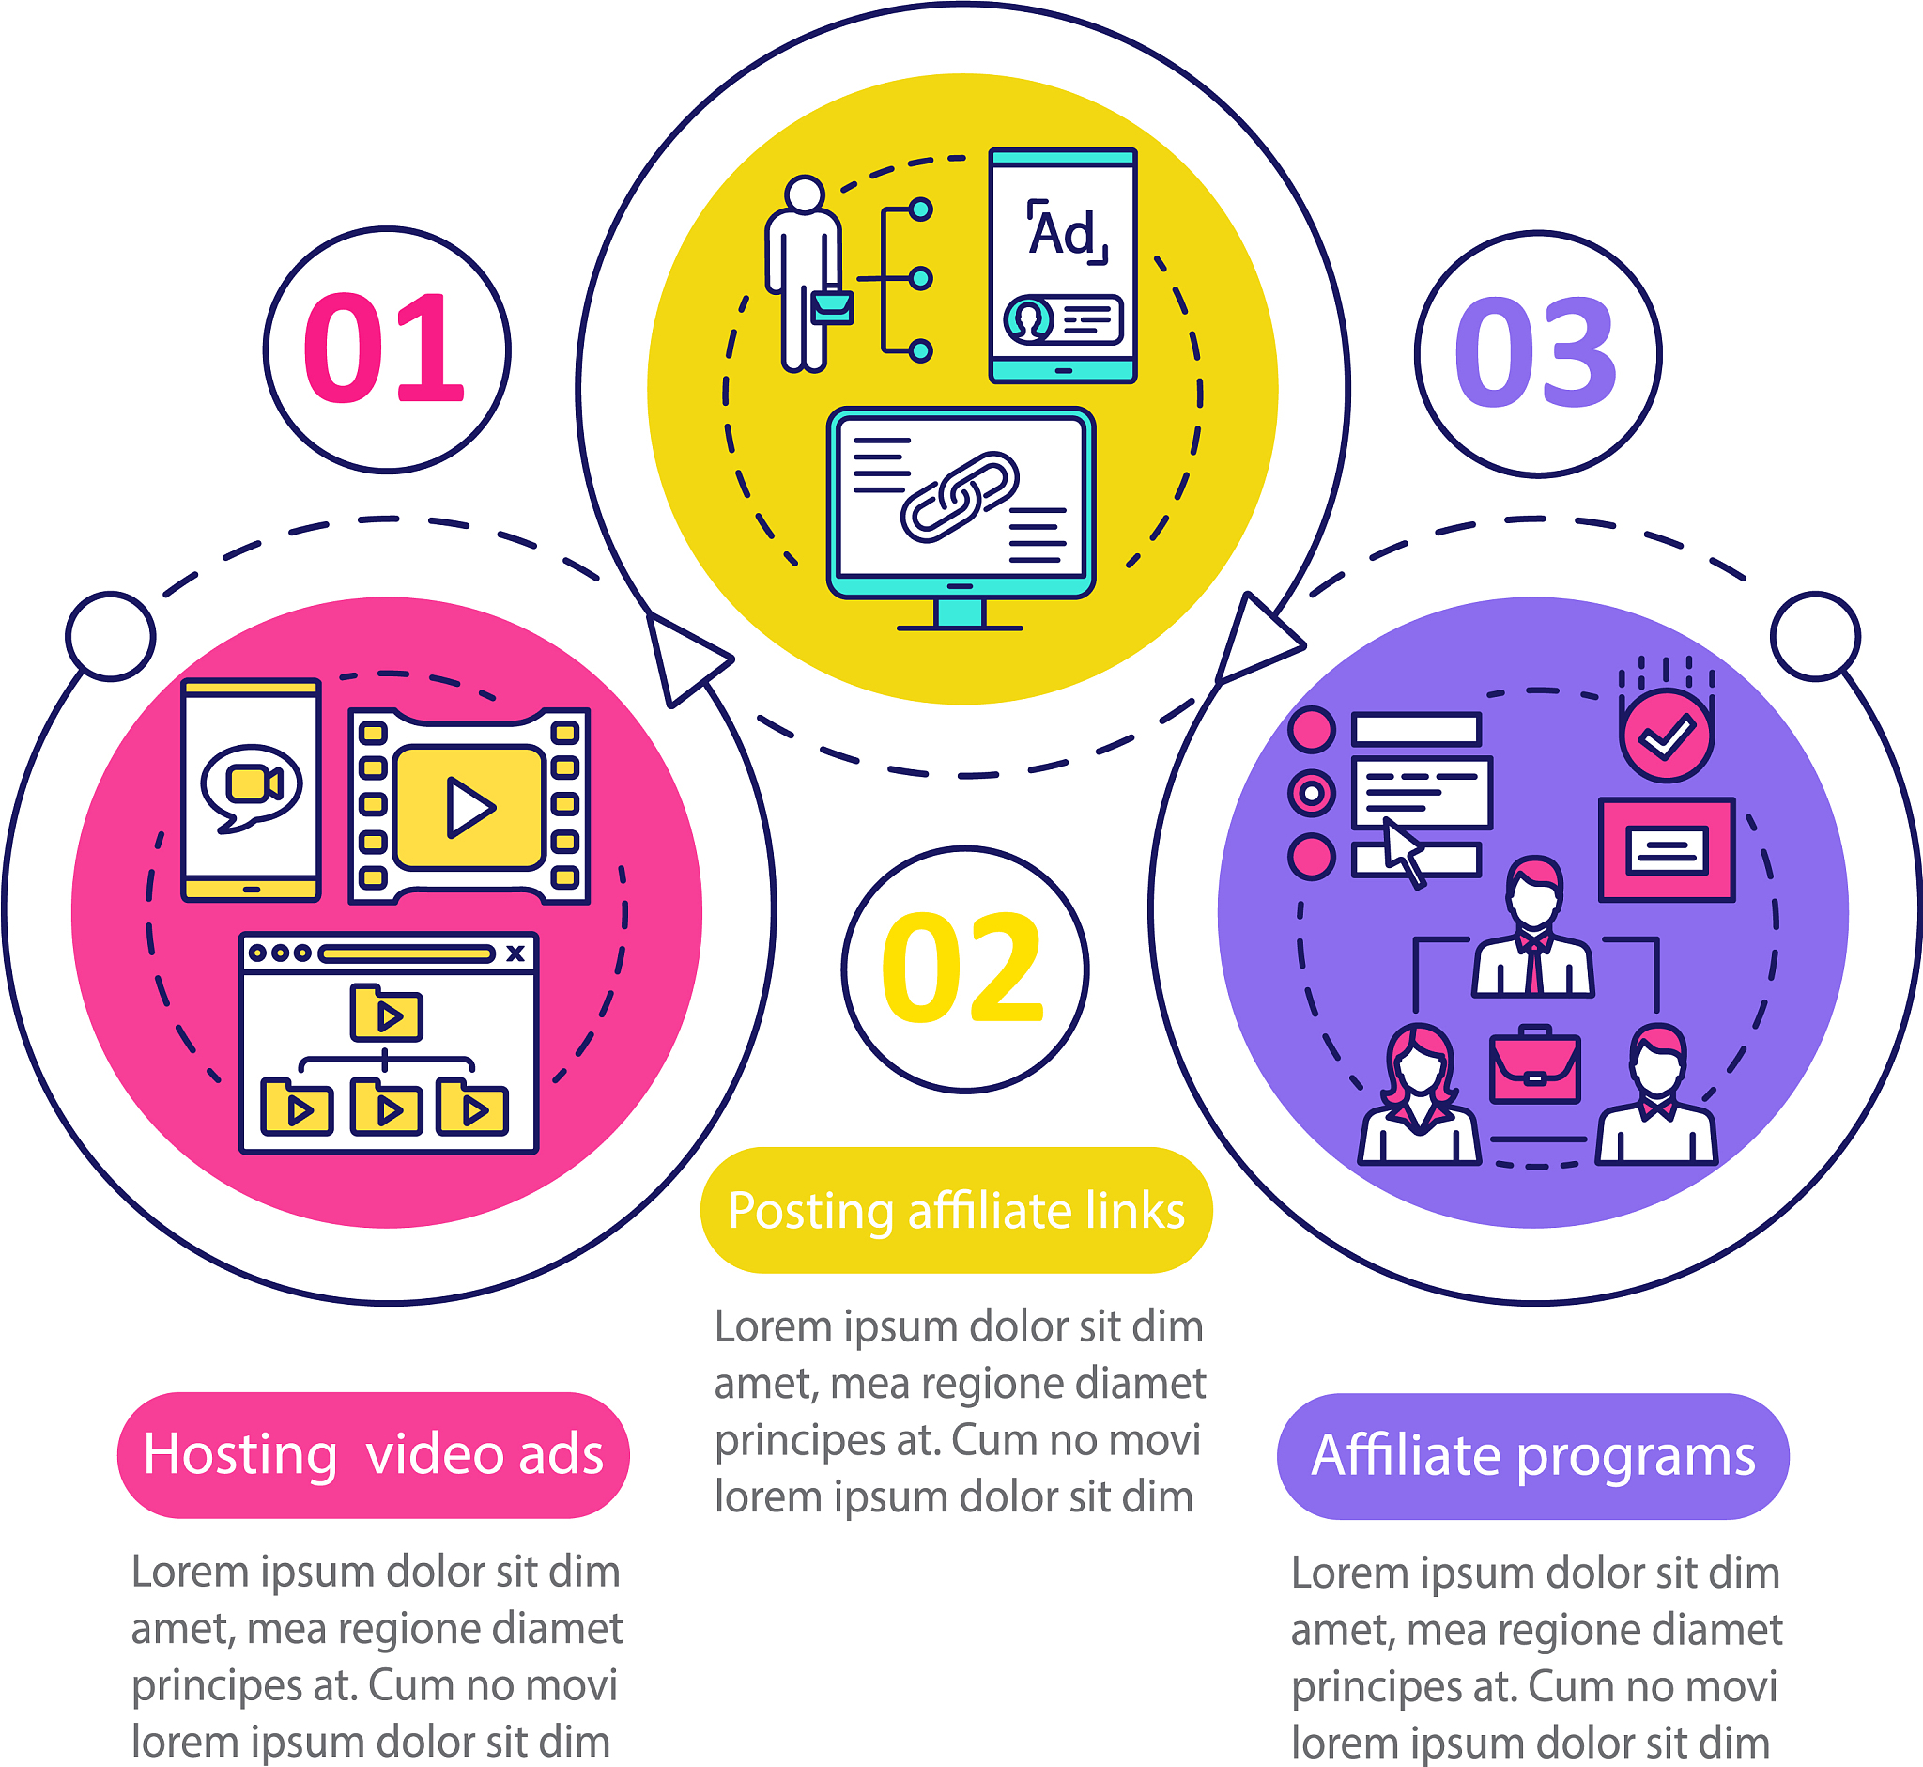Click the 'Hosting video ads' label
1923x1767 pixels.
coord(373,1454)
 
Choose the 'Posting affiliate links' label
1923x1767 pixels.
coord(956,1210)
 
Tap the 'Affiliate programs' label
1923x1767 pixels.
coord(1533,1456)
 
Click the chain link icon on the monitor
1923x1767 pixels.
coord(960,496)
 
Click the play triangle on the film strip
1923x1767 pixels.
coord(470,808)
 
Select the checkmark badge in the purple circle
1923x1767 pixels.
coord(1666,735)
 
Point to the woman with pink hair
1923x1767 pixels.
coord(1420,1093)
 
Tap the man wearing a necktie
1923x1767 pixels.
coord(1533,926)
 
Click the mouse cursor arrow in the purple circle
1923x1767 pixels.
coord(1404,851)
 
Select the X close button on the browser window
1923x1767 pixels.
coord(515,953)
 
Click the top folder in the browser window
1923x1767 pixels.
coord(385,1012)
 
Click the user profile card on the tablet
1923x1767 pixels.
coord(1063,318)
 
